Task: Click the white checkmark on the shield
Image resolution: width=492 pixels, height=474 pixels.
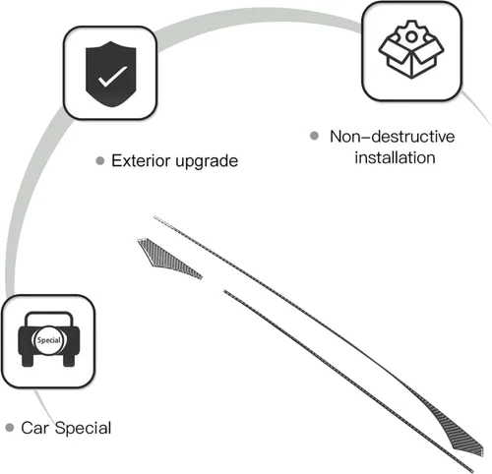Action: tap(112, 77)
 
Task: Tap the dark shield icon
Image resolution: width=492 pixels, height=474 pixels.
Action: tap(111, 74)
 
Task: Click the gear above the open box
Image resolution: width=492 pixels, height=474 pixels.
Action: tap(411, 33)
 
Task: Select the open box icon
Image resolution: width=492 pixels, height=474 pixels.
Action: tap(411, 56)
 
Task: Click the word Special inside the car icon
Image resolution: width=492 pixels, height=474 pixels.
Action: tap(49, 340)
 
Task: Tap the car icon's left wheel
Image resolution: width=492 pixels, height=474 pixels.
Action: tap(28, 360)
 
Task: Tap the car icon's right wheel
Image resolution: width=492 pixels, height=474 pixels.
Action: tap(69, 360)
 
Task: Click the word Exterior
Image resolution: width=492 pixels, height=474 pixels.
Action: tap(142, 160)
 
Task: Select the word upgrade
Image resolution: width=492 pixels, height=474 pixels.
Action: tap(207, 161)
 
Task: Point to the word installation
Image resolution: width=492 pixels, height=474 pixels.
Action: tap(396, 157)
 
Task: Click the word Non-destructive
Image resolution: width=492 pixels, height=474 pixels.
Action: tap(393, 137)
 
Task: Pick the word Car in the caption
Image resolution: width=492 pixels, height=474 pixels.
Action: tap(35, 428)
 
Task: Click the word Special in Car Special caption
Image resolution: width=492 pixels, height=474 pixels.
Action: tap(84, 429)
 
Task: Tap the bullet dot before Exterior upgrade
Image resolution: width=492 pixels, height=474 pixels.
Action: tap(100, 161)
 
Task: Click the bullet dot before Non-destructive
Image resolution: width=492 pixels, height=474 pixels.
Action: tap(314, 136)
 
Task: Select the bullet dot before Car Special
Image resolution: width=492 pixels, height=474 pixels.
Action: tap(10, 428)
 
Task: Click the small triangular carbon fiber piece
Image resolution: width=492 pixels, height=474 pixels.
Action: tap(164, 258)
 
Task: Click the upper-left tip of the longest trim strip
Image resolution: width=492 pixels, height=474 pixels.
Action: tap(154, 216)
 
